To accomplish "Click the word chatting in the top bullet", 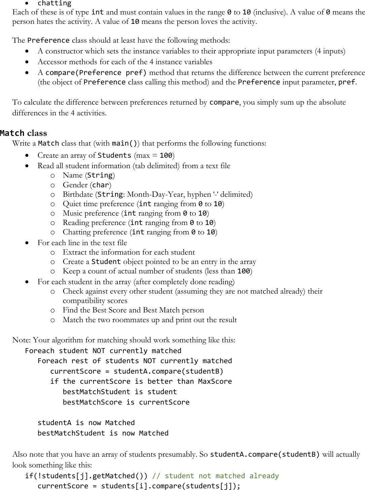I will (54, 3).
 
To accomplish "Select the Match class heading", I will (24, 133).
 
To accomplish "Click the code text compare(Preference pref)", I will (96, 73).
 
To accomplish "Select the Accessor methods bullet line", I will (125, 62).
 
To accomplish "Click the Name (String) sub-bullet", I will (88, 175).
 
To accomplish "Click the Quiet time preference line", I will (143, 204).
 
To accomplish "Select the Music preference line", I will (136, 213).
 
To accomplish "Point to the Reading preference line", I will (139, 223).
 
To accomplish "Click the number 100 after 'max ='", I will (166, 155).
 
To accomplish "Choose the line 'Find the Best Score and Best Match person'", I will (133, 310).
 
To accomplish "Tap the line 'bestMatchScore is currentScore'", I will (126, 402).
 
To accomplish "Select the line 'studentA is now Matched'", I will (86, 423).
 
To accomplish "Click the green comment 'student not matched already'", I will (215, 476).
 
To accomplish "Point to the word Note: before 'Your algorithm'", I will (22, 340).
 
